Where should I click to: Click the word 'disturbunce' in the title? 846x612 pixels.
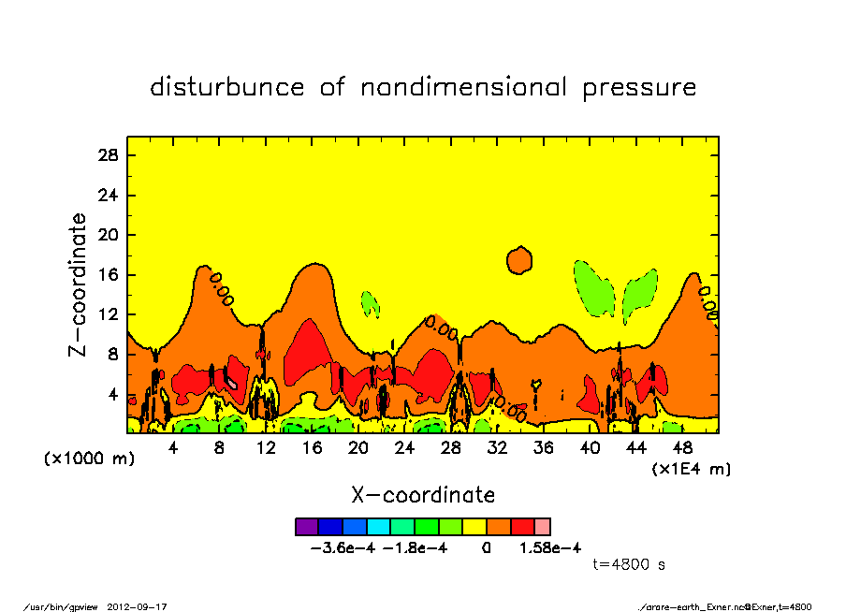click(x=227, y=87)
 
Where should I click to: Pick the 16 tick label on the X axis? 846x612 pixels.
click(x=312, y=448)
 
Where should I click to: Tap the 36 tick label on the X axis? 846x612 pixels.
click(x=543, y=448)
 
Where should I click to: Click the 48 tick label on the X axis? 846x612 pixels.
click(x=681, y=448)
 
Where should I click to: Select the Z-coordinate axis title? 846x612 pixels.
click(x=79, y=284)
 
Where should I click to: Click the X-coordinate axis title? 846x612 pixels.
click(x=422, y=494)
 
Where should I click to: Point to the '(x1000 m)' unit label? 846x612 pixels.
click(x=84, y=459)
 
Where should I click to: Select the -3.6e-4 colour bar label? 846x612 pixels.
click(x=343, y=547)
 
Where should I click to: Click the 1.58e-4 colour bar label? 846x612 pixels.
click(x=550, y=547)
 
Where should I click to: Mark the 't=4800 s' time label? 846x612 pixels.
click(x=629, y=565)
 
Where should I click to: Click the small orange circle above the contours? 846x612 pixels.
click(x=519, y=259)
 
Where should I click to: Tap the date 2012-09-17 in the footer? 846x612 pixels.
click(x=145, y=606)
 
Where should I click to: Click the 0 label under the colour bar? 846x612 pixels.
click(x=486, y=547)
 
